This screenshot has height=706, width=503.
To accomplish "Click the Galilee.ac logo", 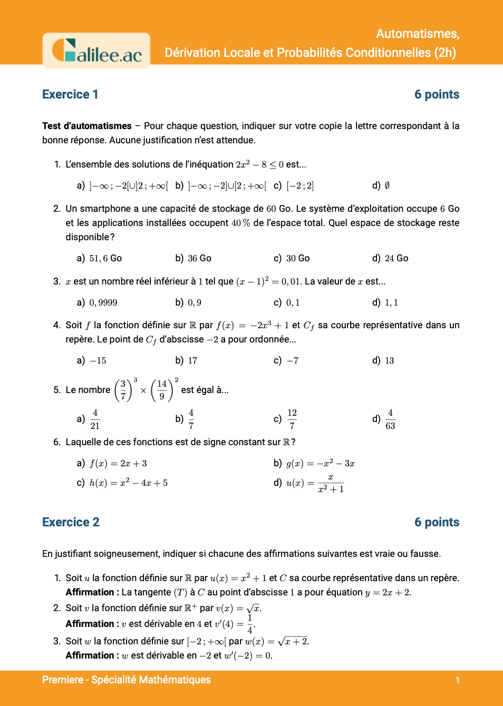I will (x=96, y=51).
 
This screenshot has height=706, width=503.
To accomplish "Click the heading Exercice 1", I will (x=70, y=95).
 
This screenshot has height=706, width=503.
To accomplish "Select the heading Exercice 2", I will (x=71, y=523).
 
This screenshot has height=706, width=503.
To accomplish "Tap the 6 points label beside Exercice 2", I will (x=437, y=523).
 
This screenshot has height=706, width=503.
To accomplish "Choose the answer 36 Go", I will (x=199, y=258).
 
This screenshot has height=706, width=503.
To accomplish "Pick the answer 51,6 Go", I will (x=105, y=258).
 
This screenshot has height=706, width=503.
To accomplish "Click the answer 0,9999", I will (x=103, y=302).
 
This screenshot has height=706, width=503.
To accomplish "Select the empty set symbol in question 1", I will (x=387, y=185).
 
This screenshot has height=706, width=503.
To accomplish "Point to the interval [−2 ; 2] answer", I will (x=300, y=185).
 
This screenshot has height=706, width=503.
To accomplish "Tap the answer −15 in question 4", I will (x=98, y=360).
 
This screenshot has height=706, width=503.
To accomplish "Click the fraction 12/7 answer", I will (x=292, y=419).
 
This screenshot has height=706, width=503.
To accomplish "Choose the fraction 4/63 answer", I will (x=390, y=419).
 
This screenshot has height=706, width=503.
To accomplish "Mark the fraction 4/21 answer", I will (x=95, y=419).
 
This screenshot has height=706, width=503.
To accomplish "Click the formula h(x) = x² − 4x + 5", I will (x=128, y=483).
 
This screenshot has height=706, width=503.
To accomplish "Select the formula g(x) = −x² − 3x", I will (x=320, y=464).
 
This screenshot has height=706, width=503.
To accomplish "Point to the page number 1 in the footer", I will (x=458, y=680).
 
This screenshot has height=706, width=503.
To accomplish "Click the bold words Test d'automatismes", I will (x=87, y=126).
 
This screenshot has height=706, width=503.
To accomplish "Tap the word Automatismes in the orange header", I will (x=418, y=34).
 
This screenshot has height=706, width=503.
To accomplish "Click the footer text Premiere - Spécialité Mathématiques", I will (x=127, y=680).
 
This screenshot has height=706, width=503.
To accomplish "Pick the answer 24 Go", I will (x=396, y=258).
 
